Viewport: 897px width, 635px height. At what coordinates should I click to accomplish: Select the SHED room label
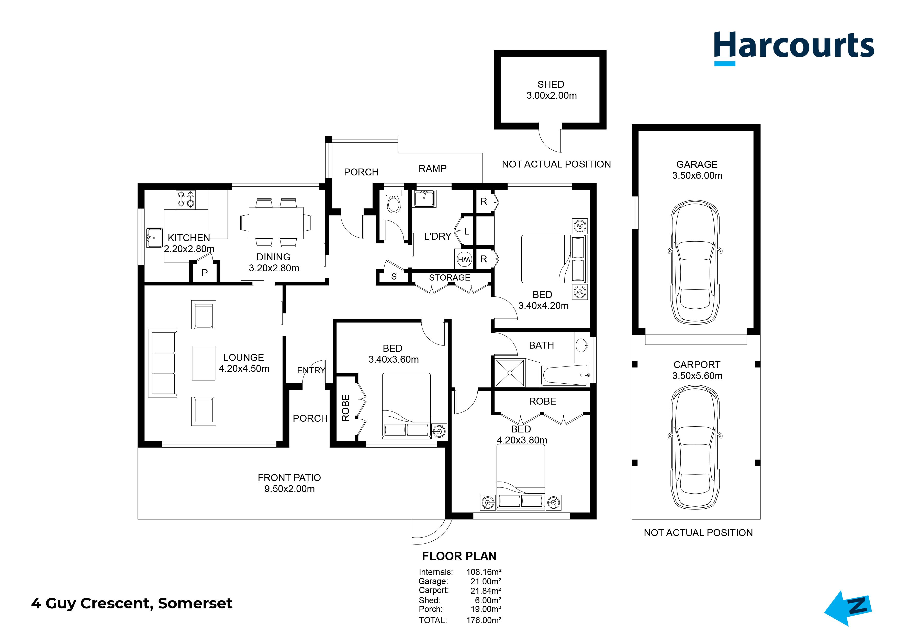551,84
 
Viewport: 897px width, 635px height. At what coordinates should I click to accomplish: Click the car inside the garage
695,263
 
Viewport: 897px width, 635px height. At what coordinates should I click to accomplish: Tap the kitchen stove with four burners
186,199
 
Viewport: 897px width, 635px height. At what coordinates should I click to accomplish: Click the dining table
276,223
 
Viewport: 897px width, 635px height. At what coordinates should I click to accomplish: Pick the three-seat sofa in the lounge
162,363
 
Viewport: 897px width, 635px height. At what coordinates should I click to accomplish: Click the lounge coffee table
203,363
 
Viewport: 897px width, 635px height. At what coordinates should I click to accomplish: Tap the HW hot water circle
464,259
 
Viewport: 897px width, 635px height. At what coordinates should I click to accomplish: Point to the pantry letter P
204,273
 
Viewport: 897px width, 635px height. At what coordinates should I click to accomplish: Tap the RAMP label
432,169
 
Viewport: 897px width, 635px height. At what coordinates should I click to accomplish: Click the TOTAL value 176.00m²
484,620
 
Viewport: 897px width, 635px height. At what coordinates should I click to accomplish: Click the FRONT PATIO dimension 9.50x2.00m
289,489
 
